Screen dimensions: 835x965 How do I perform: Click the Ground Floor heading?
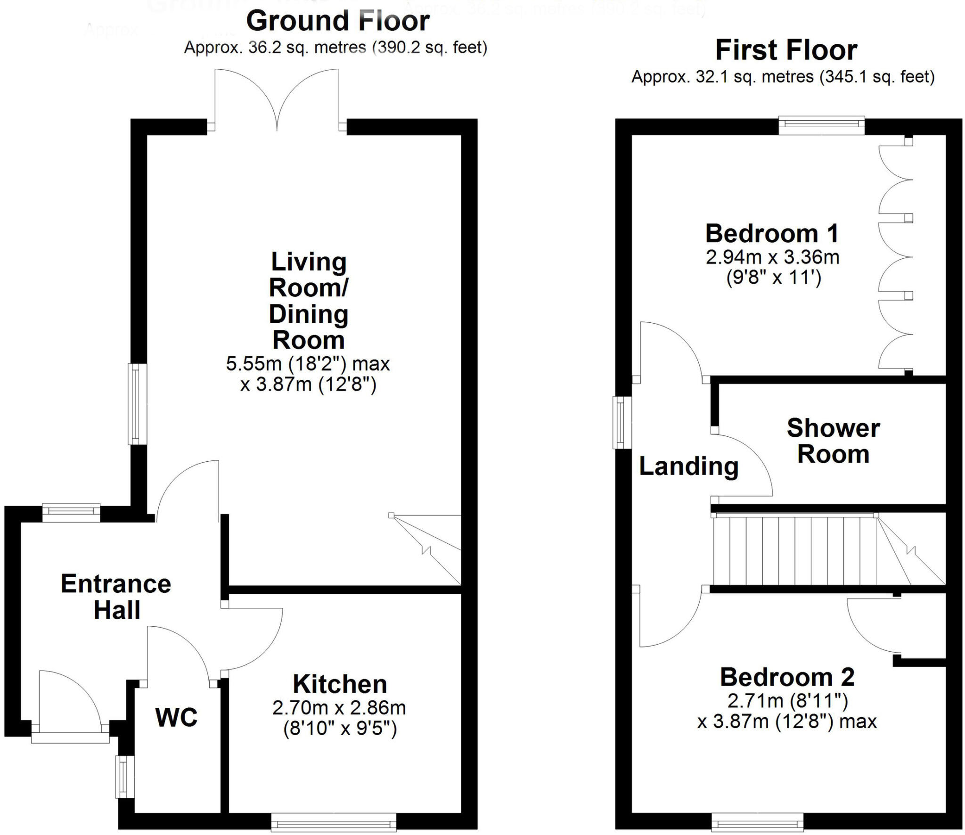pyautogui.click(x=337, y=21)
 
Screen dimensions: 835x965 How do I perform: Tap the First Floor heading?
pyautogui.click(x=785, y=50)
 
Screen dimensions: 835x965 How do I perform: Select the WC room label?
pyautogui.click(x=176, y=718)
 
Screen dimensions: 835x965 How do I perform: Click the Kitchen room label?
pyautogui.click(x=339, y=684)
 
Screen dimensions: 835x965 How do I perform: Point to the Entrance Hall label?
pyautogui.click(x=116, y=597)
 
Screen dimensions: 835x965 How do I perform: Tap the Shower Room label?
pyautogui.click(x=833, y=441)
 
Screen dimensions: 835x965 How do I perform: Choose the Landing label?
pyautogui.click(x=688, y=467)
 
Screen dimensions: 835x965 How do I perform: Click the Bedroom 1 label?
pyautogui.click(x=772, y=234)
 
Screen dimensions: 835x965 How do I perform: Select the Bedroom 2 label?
pyautogui.click(x=787, y=678)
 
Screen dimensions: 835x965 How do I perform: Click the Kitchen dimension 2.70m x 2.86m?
pyautogui.click(x=339, y=708)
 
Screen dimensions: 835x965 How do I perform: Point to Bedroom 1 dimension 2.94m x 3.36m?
pyautogui.click(x=772, y=257)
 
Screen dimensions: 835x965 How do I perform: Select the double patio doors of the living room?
pyautogui.click(x=277, y=101)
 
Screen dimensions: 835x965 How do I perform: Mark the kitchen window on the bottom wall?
pyautogui.click(x=334, y=823)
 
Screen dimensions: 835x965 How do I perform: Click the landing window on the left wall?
pyautogui.click(x=622, y=422)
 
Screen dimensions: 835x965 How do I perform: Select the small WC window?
pyautogui.click(x=125, y=777)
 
